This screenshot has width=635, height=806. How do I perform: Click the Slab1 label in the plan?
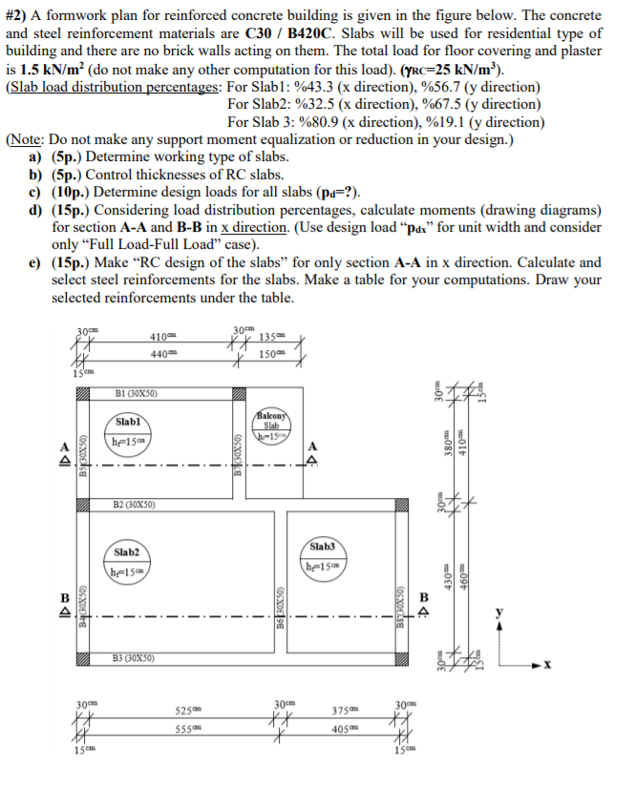128,421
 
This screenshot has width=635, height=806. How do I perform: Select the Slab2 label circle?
126,552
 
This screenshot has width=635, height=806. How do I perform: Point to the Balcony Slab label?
271,419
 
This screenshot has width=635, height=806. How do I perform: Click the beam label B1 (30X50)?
136,393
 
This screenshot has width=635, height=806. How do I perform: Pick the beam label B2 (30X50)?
136,504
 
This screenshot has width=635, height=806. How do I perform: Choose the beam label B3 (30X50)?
135,657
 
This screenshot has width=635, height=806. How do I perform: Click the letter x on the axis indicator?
573,663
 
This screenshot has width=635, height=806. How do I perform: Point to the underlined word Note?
30,139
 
